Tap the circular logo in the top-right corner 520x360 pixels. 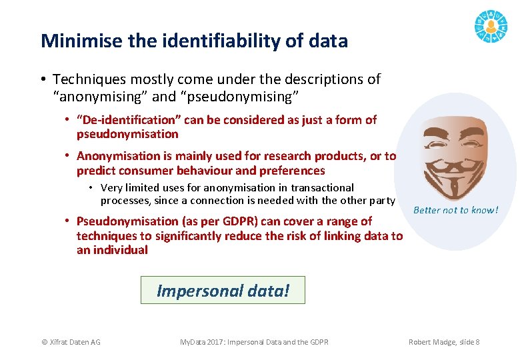coord(491,27)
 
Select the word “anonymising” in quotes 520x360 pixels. coord(101,97)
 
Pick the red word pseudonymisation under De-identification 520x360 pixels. coord(127,134)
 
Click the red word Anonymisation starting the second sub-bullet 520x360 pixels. coord(124,156)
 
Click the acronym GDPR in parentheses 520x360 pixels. coord(238,221)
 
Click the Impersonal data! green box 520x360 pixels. coord(223,291)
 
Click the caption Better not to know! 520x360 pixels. coord(455,210)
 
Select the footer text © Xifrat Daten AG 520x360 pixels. coord(71,342)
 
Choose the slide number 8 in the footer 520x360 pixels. coord(477,342)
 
